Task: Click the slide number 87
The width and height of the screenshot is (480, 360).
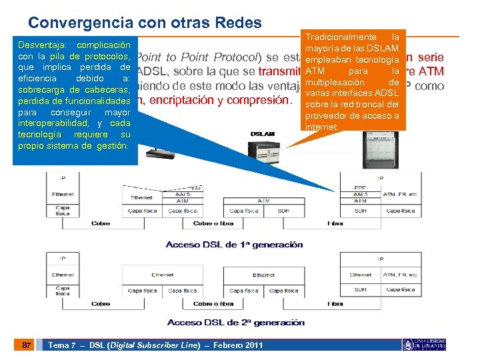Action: point(25,345)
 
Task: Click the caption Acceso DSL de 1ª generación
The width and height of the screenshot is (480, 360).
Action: point(234,245)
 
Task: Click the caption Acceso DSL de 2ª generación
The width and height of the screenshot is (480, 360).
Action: point(236,323)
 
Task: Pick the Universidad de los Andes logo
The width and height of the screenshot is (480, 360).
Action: point(424,345)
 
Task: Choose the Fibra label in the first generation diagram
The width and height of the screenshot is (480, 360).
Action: point(335,223)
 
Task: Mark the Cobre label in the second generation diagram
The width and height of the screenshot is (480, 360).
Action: point(101,303)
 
